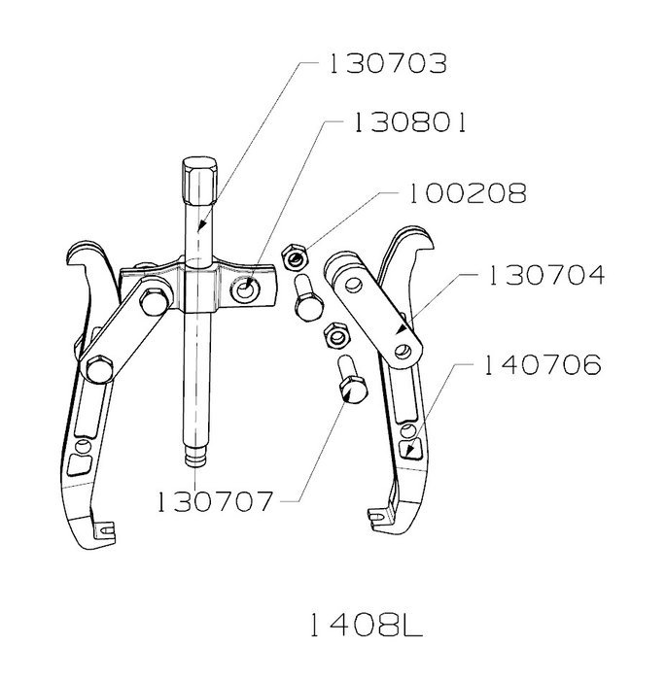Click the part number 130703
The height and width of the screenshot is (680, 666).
tap(387, 64)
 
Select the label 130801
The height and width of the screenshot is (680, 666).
tap(410, 122)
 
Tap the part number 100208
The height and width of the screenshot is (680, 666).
tap(468, 193)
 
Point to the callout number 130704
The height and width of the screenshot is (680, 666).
tap(546, 275)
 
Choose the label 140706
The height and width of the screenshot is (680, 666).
tap(543, 364)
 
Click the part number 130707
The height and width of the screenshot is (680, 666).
tap(214, 502)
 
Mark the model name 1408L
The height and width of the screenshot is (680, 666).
tap(366, 626)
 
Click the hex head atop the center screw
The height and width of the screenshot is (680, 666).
tap(198, 182)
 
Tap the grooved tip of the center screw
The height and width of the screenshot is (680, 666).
tap(195, 458)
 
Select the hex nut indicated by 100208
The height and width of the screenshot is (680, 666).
tap(295, 258)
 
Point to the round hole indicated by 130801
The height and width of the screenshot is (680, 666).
tap(245, 290)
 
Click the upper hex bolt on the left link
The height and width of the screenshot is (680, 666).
tap(156, 300)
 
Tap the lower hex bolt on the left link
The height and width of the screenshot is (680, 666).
tap(99, 370)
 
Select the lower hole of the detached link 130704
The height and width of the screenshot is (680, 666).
tap(403, 350)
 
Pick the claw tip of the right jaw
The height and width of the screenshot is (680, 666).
tap(377, 516)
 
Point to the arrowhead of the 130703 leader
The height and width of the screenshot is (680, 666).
tap(200, 225)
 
